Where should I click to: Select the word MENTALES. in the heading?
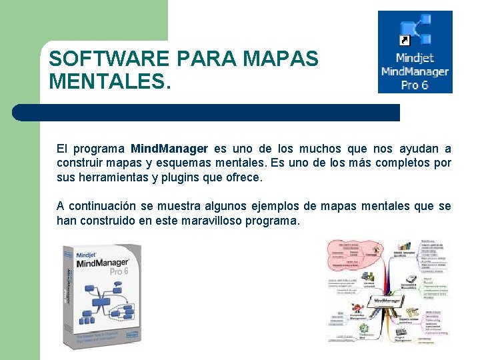(110, 82)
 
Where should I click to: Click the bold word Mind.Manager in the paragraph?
(169, 149)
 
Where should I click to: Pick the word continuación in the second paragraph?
(106, 206)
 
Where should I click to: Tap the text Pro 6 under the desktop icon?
(415, 85)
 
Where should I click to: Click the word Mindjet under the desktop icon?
(415, 58)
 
